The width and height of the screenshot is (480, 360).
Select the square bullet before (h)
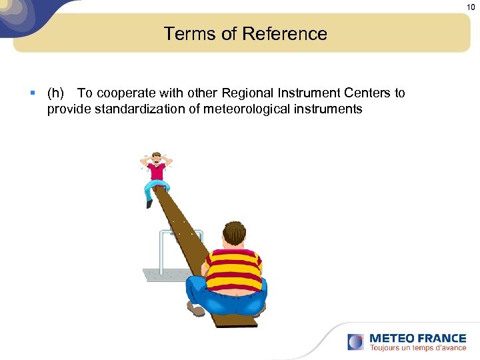(x=33, y=93)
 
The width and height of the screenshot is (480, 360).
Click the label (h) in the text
(x=55, y=93)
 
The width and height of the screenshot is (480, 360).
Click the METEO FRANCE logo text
(x=417, y=338)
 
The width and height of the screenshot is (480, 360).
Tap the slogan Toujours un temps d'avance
(x=417, y=347)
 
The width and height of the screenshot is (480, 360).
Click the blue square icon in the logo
(x=356, y=342)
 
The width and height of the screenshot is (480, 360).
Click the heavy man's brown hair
(x=234, y=234)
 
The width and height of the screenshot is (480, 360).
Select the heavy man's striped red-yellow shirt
(x=233, y=267)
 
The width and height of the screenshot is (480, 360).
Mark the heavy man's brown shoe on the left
(x=196, y=310)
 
